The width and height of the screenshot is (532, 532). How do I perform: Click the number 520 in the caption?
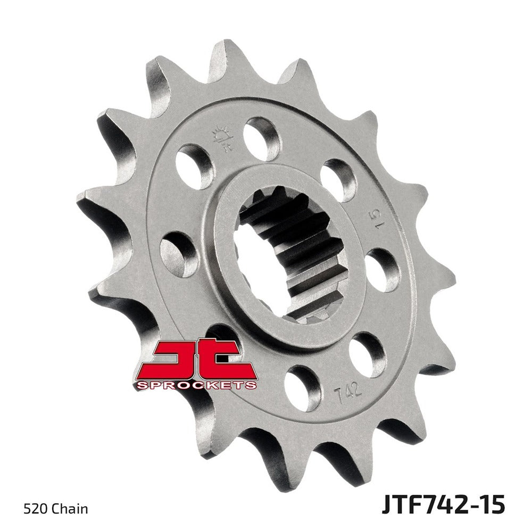[34, 509]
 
